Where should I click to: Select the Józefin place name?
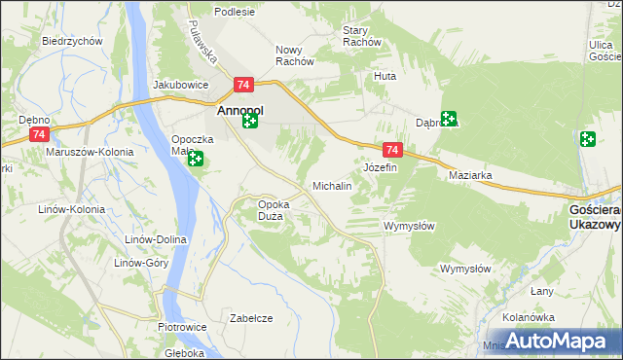point(380,167)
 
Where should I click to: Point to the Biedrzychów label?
point(73,41)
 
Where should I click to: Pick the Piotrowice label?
point(181,327)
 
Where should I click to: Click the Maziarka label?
point(470,176)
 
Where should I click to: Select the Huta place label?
point(385,75)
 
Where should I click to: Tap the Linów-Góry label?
point(142,263)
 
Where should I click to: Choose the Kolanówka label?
point(529,317)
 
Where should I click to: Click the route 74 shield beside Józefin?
point(392,150)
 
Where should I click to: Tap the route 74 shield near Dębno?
point(39,134)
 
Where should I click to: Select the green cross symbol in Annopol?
point(250,121)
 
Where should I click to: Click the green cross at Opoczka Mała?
point(196,160)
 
